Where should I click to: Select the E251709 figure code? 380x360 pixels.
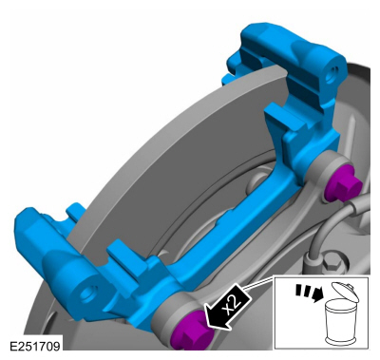point(34,346)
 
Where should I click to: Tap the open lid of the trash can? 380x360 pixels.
point(345,292)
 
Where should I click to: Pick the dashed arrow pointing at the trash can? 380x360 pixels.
point(307,292)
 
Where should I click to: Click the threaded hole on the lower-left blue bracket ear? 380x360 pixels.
point(87,293)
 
